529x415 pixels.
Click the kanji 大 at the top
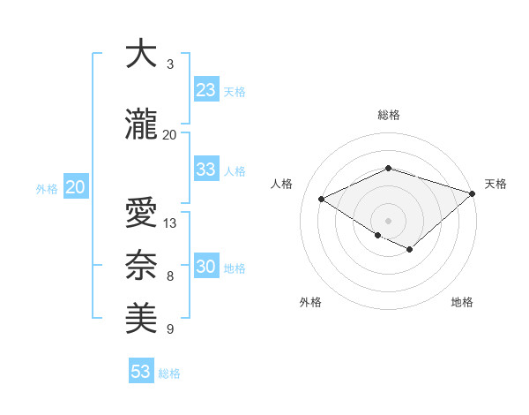pos(141,55)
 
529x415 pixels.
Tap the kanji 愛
pos(141,214)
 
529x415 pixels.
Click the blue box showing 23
pos(206,90)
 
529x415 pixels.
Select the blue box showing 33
pos(206,170)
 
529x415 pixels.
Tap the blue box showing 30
pos(206,267)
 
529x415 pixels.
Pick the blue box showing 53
pos(141,372)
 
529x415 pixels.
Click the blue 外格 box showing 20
pos(76,187)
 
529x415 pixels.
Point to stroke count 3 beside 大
pos(170,64)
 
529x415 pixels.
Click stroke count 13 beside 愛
pos(170,223)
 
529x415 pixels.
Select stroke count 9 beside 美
pos(170,329)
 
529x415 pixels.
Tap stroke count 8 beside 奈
pos(170,276)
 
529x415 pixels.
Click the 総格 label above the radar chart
pos(388,116)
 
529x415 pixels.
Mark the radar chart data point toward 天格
pos(473,193)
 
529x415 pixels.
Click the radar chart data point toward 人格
pos(322,199)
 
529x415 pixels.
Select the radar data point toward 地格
pos(410,250)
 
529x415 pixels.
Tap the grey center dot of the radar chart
pos(388,220)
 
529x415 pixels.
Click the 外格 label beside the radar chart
pos(310,302)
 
